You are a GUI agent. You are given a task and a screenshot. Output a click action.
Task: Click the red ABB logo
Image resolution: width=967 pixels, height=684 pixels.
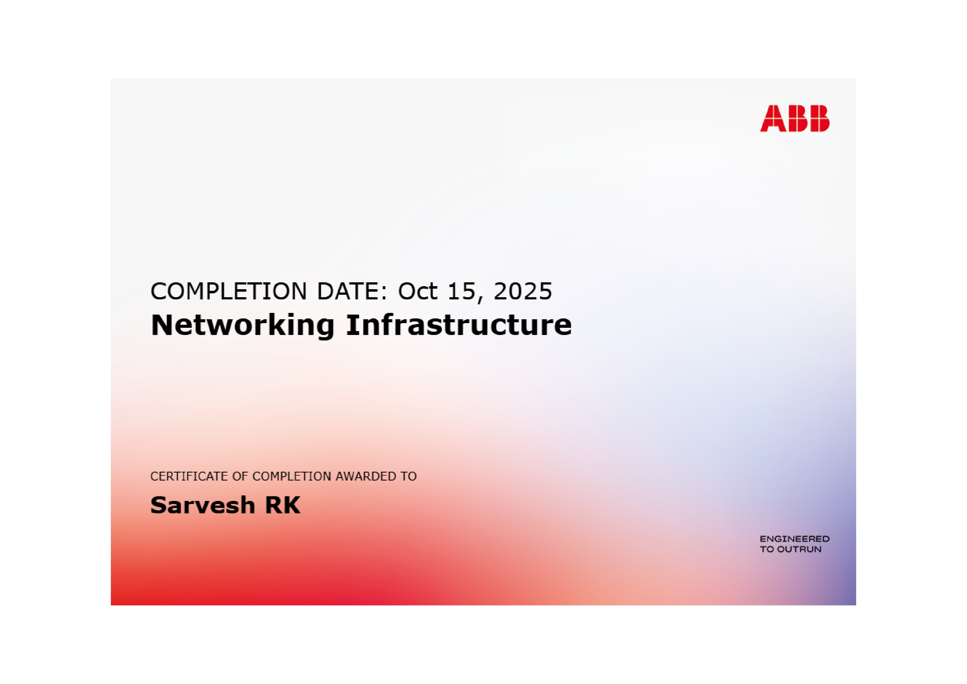point(795,118)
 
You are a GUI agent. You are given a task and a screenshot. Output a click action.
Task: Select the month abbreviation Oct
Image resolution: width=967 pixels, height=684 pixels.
point(417,291)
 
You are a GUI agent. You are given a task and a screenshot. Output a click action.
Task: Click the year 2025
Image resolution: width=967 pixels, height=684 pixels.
point(523,291)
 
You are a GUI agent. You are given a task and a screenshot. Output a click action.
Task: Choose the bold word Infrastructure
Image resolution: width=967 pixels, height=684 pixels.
point(459,325)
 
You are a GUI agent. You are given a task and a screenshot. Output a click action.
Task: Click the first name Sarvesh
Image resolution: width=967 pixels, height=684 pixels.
point(203,505)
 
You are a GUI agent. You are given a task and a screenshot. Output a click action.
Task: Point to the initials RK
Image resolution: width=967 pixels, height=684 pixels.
point(283,505)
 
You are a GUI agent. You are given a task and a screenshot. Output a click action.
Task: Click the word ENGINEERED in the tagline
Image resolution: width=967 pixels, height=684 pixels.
point(795,539)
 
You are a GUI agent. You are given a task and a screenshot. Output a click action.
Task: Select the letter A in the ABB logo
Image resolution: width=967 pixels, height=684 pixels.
point(773,118)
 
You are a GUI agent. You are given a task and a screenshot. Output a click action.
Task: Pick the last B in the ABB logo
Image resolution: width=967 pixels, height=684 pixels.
point(820,118)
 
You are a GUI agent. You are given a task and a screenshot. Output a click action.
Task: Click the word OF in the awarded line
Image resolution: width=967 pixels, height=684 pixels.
point(240,476)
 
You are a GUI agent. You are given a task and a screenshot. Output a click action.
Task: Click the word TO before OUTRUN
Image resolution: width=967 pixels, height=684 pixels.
point(767,549)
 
